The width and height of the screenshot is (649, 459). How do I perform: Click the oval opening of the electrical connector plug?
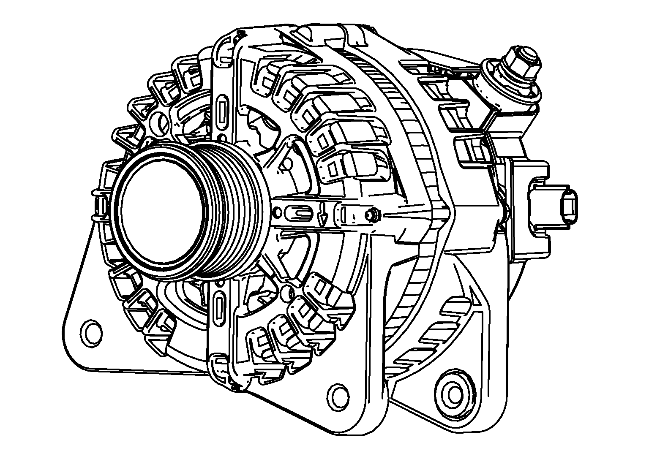point(568,207)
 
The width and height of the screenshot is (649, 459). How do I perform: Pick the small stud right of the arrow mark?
point(372,216)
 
